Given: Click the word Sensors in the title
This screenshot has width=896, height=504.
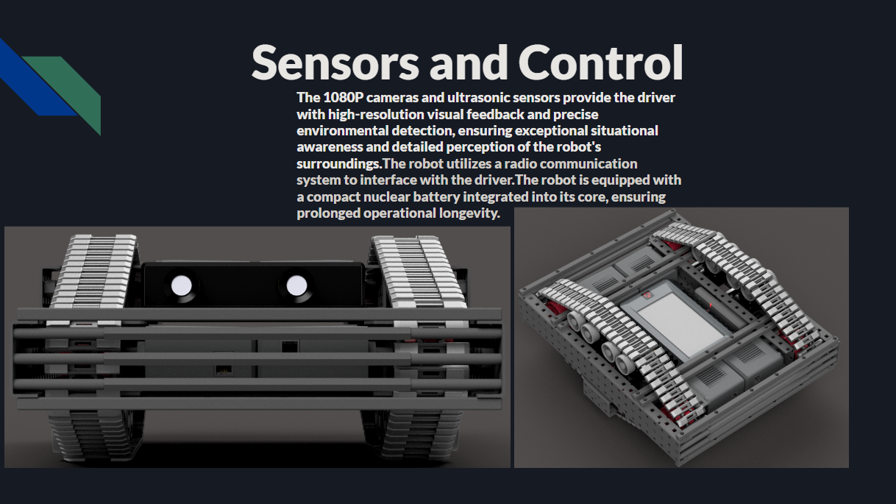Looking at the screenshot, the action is click(335, 63).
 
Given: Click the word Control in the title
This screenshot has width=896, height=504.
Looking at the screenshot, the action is click(601, 63).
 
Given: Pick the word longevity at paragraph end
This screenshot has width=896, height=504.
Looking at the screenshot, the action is click(469, 213).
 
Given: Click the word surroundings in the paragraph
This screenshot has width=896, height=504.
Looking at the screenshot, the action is click(339, 164).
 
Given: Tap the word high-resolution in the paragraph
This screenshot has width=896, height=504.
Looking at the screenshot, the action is click(376, 115).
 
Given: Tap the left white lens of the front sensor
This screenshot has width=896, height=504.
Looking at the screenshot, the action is click(181, 285).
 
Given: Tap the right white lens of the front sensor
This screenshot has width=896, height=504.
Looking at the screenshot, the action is click(296, 285).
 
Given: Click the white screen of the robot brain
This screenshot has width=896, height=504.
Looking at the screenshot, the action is click(679, 324).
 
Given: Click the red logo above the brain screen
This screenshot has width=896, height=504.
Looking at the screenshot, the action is click(647, 295).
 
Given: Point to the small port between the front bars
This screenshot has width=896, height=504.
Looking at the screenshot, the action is click(222, 370).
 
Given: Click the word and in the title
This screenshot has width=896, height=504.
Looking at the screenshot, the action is click(469, 63).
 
